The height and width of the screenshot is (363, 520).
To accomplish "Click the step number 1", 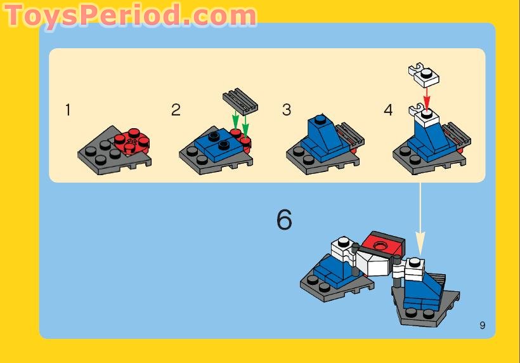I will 68,110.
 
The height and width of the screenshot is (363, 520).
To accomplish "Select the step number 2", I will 176,110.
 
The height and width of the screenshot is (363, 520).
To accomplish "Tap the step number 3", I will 287,110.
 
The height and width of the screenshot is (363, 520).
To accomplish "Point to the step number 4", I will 388,110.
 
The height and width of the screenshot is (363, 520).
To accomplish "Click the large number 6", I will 284,220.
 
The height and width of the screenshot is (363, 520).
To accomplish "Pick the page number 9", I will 483,326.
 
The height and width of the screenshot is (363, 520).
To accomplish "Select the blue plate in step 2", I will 215,143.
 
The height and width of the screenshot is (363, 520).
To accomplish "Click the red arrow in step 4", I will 427,98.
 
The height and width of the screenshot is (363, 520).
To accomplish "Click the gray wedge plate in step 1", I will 101,155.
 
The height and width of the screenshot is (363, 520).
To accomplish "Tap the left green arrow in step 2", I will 235,119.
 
